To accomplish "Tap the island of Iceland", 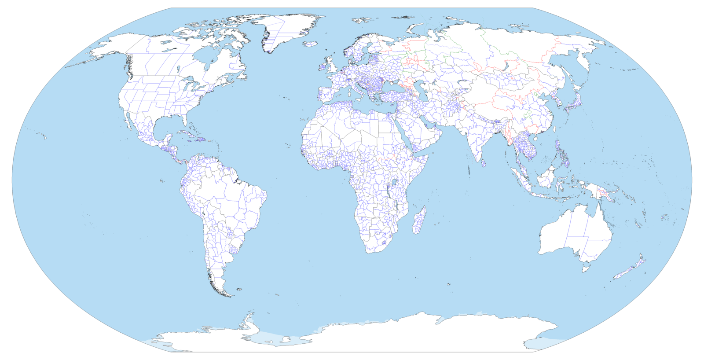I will point(311,44).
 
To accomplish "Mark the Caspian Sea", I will point(425,90).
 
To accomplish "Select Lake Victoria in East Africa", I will point(393,182).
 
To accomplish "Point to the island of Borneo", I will point(547,176).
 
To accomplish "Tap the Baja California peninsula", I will point(129,121).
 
